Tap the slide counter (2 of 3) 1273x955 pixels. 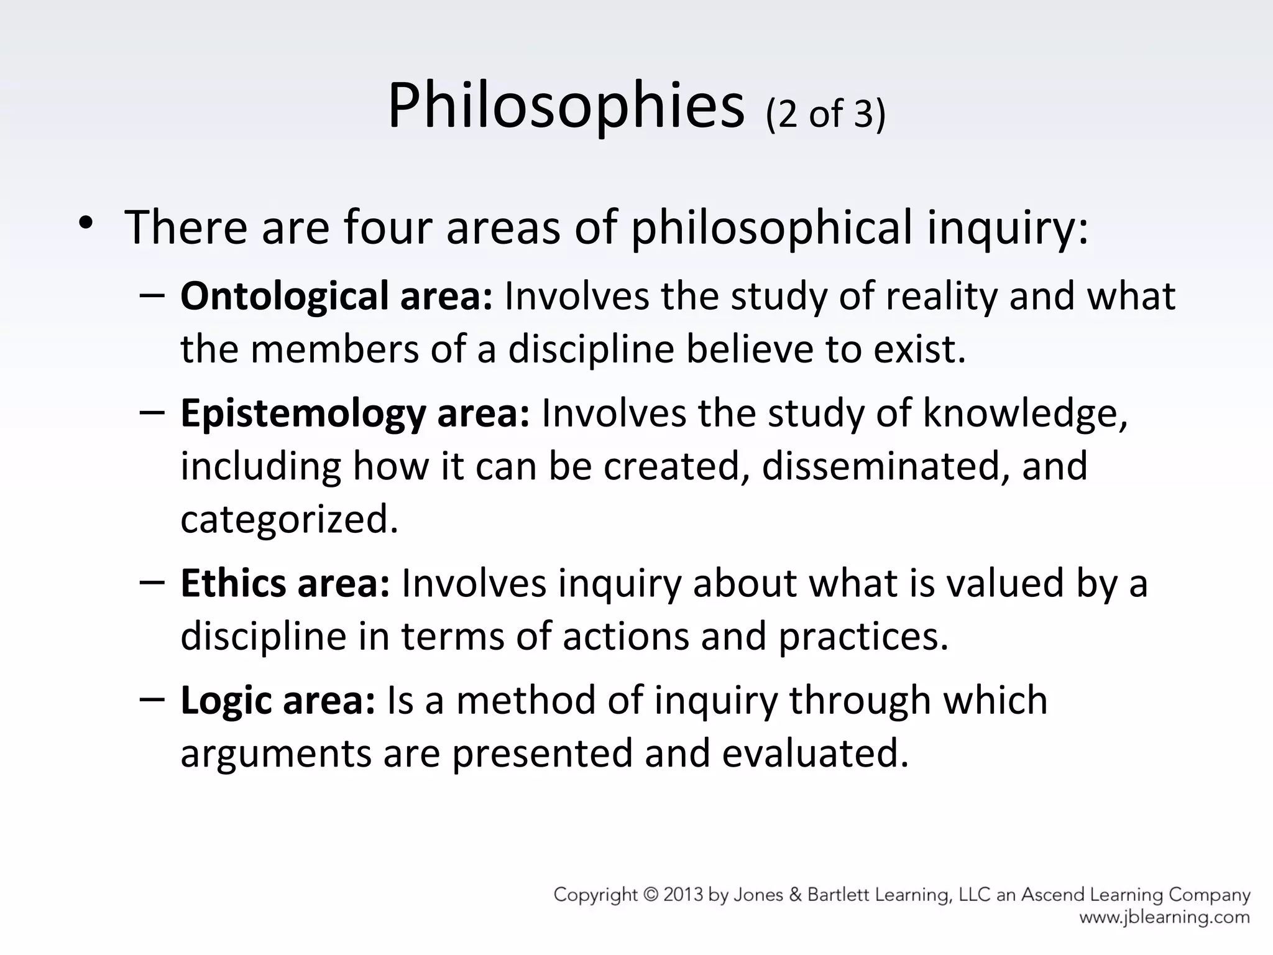click(x=825, y=114)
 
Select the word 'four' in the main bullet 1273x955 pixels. click(x=388, y=228)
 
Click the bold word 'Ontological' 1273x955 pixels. click(x=284, y=297)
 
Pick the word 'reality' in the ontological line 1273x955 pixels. click(x=941, y=297)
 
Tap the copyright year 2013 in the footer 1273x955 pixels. click(x=691, y=895)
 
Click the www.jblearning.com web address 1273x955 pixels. click(x=1164, y=917)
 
